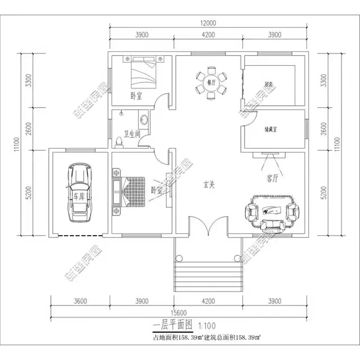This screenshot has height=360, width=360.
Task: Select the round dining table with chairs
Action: pos(211,83)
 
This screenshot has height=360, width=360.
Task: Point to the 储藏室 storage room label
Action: pos(272,129)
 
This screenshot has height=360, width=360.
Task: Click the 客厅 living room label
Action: pos(273,179)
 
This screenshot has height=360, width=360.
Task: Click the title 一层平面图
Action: pos(172,325)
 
